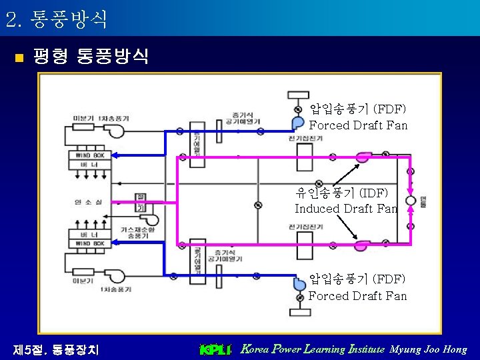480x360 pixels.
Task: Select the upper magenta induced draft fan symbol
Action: pos(363,157)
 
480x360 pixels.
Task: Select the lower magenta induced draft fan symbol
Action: pos(363,245)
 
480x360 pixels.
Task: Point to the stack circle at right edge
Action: pos(410,201)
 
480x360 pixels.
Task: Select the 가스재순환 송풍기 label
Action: pos(133,233)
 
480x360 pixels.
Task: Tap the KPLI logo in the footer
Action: pos(215,349)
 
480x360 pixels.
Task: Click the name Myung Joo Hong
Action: pos(429,349)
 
